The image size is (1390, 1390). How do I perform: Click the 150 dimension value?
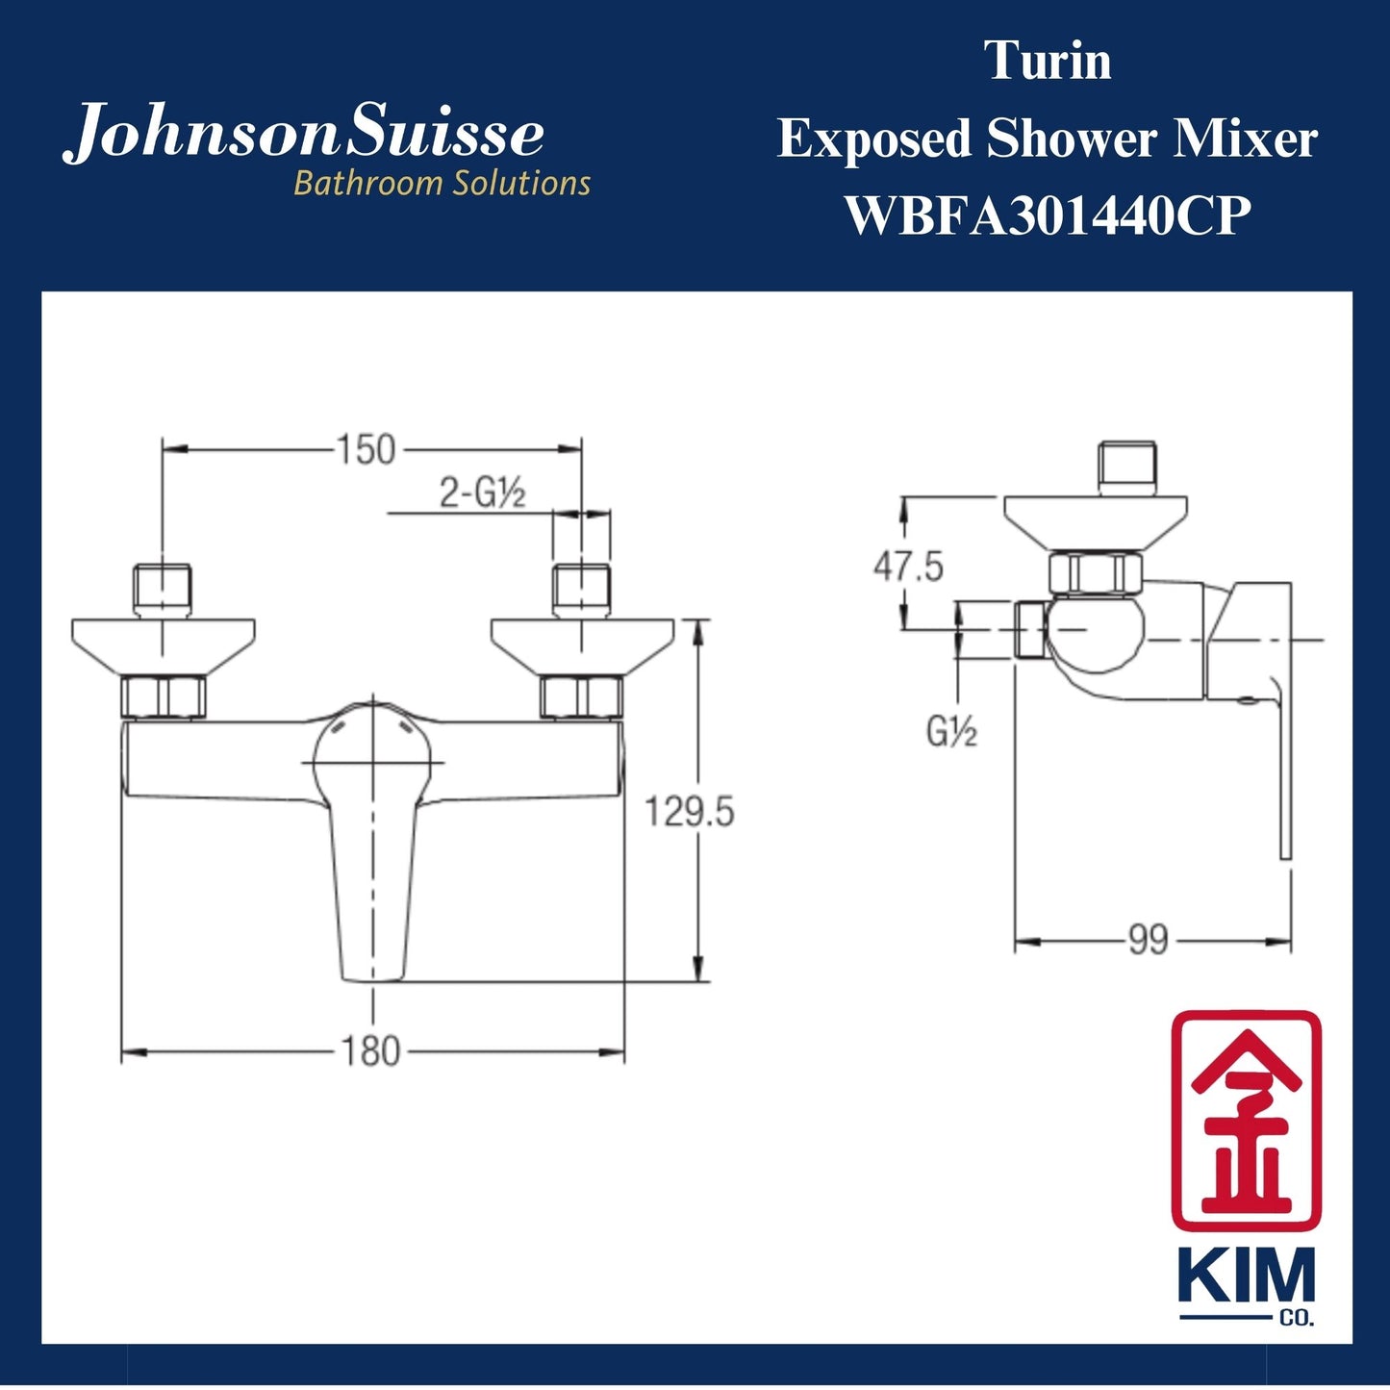point(366,449)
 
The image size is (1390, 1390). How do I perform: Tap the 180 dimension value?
point(370,1051)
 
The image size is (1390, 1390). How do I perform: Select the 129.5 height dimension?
point(689,812)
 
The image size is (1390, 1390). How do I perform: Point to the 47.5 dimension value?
point(908,567)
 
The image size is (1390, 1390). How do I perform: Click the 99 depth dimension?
point(1148,940)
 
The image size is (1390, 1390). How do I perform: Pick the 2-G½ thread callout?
point(483,494)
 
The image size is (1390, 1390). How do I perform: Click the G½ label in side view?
point(951,733)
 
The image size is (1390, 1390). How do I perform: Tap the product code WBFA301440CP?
point(1048,215)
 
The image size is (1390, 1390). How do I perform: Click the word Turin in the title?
point(1048,62)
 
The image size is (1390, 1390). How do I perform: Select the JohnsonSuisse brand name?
point(304,134)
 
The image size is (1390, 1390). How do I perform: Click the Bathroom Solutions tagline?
point(442,183)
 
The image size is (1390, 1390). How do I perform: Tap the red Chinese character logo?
point(1246,1120)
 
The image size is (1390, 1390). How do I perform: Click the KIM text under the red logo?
point(1246,1278)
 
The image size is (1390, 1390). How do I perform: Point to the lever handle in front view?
point(373,866)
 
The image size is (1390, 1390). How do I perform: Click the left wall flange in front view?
point(164,644)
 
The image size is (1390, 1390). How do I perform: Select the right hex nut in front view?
point(581,696)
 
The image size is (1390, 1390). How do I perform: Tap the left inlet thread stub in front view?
point(162,589)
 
